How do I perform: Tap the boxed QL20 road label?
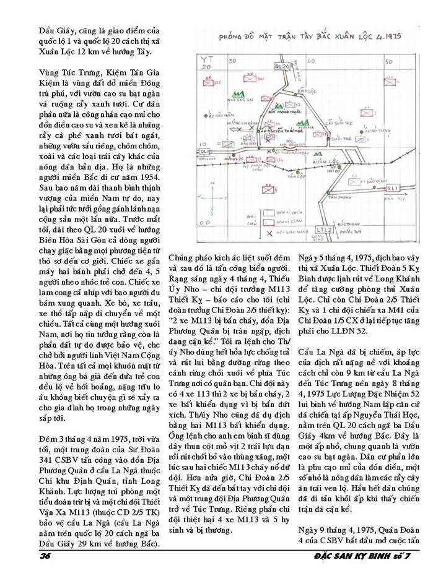(x=282, y=64)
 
